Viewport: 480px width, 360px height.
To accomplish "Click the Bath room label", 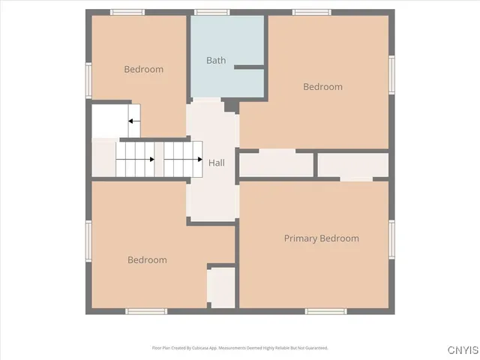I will pyautogui.click(x=216, y=60).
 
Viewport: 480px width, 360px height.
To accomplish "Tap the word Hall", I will pyautogui.click(x=217, y=163).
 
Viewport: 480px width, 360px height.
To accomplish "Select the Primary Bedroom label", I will pyautogui.click(x=321, y=238).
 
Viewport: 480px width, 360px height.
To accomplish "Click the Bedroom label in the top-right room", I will pyautogui.click(x=322, y=87).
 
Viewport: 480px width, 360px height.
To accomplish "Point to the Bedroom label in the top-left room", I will pyautogui.click(x=143, y=70).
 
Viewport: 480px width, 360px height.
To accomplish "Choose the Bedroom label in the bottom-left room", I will pyautogui.click(x=147, y=260).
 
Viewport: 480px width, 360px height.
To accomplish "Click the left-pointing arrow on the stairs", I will pyautogui.click(x=133, y=121).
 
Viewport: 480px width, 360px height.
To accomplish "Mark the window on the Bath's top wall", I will pyautogui.click(x=212, y=12).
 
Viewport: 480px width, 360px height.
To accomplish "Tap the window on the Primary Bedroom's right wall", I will pyautogui.click(x=391, y=239).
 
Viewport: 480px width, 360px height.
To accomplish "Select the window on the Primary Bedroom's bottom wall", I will pyautogui.click(x=325, y=311).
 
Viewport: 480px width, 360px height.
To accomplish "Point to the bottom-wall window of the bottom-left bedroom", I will pyautogui.click(x=146, y=311).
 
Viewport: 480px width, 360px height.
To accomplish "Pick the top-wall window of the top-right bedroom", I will pyautogui.click(x=312, y=12).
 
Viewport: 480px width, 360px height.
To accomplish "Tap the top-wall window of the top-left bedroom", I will pyautogui.click(x=127, y=12).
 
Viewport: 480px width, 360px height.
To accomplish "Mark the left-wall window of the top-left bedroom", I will pyautogui.click(x=88, y=79).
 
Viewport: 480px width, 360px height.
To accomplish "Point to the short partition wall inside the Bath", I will pyautogui.click(x=249, y=67).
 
